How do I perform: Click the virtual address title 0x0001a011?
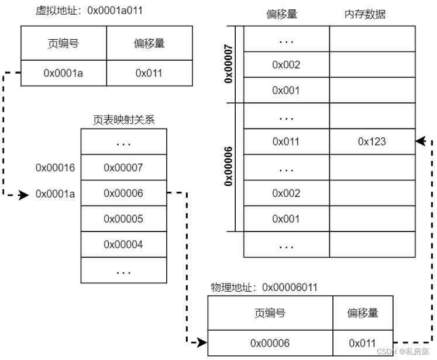coord(89,11)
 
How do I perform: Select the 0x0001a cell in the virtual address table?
coord(64,73)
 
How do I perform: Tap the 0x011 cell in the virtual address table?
coord(149,73)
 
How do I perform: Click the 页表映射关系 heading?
coord(124,120)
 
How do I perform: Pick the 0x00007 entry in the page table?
coord(124,167)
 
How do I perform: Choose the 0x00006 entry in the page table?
coord(124,193)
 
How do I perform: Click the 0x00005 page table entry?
coord(124,219)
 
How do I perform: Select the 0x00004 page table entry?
coord(124,244)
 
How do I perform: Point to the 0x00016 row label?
coord(55,168)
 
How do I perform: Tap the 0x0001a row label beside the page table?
coord(55,193)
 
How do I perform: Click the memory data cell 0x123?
coord(372,141)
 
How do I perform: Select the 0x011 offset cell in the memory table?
coord(287,141)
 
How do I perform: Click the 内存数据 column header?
coord(365,14)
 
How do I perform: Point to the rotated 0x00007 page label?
coord(228,64)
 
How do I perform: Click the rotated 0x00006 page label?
coord(228,166)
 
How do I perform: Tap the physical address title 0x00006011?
coord(264,288)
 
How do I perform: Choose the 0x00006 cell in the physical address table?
coord(270,343)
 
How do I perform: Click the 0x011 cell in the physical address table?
coord(363,343)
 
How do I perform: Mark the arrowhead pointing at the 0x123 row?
coord(421,141)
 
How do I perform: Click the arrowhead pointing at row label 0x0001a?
coord(23,195)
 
